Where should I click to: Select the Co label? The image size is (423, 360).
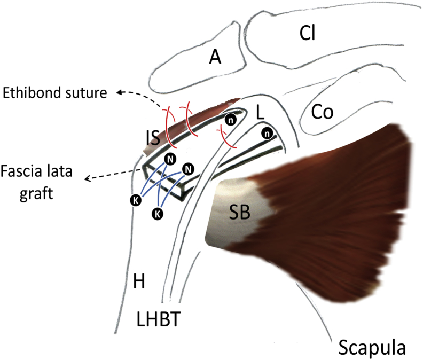point(322,112)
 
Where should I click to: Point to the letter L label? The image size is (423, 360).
point(260,113)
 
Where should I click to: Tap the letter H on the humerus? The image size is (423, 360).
point(139,281)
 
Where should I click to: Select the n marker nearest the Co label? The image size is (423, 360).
point(267,132)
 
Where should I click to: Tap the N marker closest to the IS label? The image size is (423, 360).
point(169,158)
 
